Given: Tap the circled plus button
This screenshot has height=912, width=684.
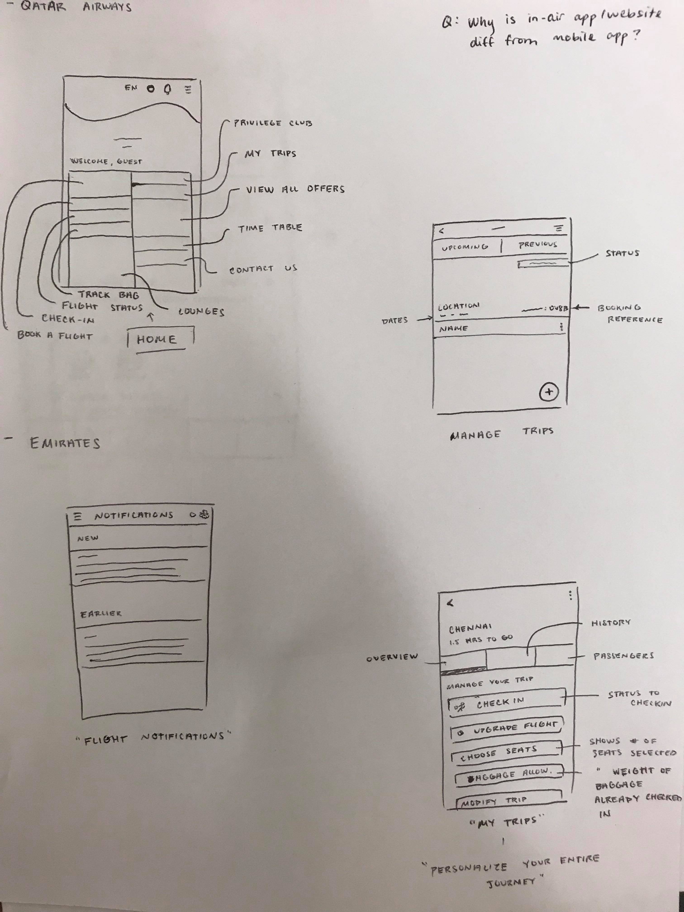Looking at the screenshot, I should tap(548, 392).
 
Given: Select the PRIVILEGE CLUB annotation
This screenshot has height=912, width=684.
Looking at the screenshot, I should tap(273, 123).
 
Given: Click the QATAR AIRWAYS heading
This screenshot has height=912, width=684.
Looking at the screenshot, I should tap(76, 7).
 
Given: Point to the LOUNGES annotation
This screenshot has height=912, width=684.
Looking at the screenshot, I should tap(201, 312).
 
